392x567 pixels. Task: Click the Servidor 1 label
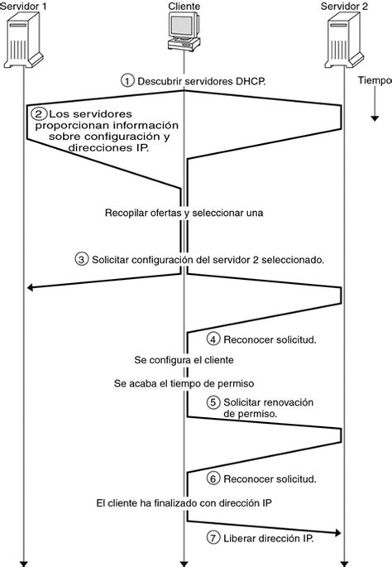[26, 7]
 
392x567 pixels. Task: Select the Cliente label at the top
[183, 7]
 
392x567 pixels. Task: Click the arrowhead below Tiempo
[374, 118]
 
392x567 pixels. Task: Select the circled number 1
[127, 80]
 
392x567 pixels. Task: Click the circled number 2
[38, 113]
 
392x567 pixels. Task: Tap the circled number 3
[81, 259]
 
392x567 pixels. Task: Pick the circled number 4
[213, 339]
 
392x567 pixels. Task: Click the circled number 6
[213, 479]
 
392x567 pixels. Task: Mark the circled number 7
[213, 538]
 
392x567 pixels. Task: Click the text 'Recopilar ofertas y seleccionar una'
[183, 213]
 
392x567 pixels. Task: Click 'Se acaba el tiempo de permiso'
[183, 383]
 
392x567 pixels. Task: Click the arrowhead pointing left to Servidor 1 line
[32, 287]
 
